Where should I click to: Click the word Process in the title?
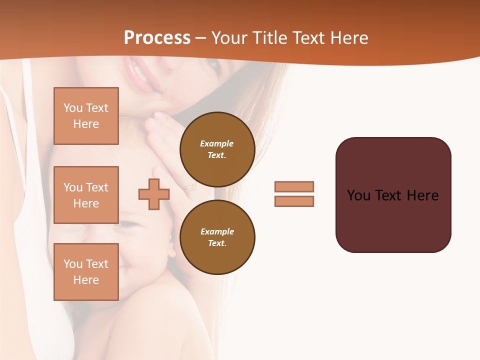[x=157, y=38]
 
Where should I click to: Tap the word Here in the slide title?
[x=348, y=38]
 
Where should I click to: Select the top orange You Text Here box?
[x=86, y=116]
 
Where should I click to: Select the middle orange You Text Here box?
[x=86, y=195]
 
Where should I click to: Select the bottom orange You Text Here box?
[x=86, y=272]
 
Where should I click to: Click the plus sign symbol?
[x=154, y=194]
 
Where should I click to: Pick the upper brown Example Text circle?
[x=217, y=149]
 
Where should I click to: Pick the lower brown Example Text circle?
[x=217, y=237]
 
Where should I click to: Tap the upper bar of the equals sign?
[x=294, y=186]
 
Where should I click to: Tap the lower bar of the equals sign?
[x=294, y=201]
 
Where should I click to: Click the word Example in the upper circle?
[x=217, y=143]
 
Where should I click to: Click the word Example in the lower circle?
[x=217, y=231]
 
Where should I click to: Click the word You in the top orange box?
[x=73, y=108]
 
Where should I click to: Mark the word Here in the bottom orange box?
[x=86, y=280]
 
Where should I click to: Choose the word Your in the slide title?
[x=229, y=38]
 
